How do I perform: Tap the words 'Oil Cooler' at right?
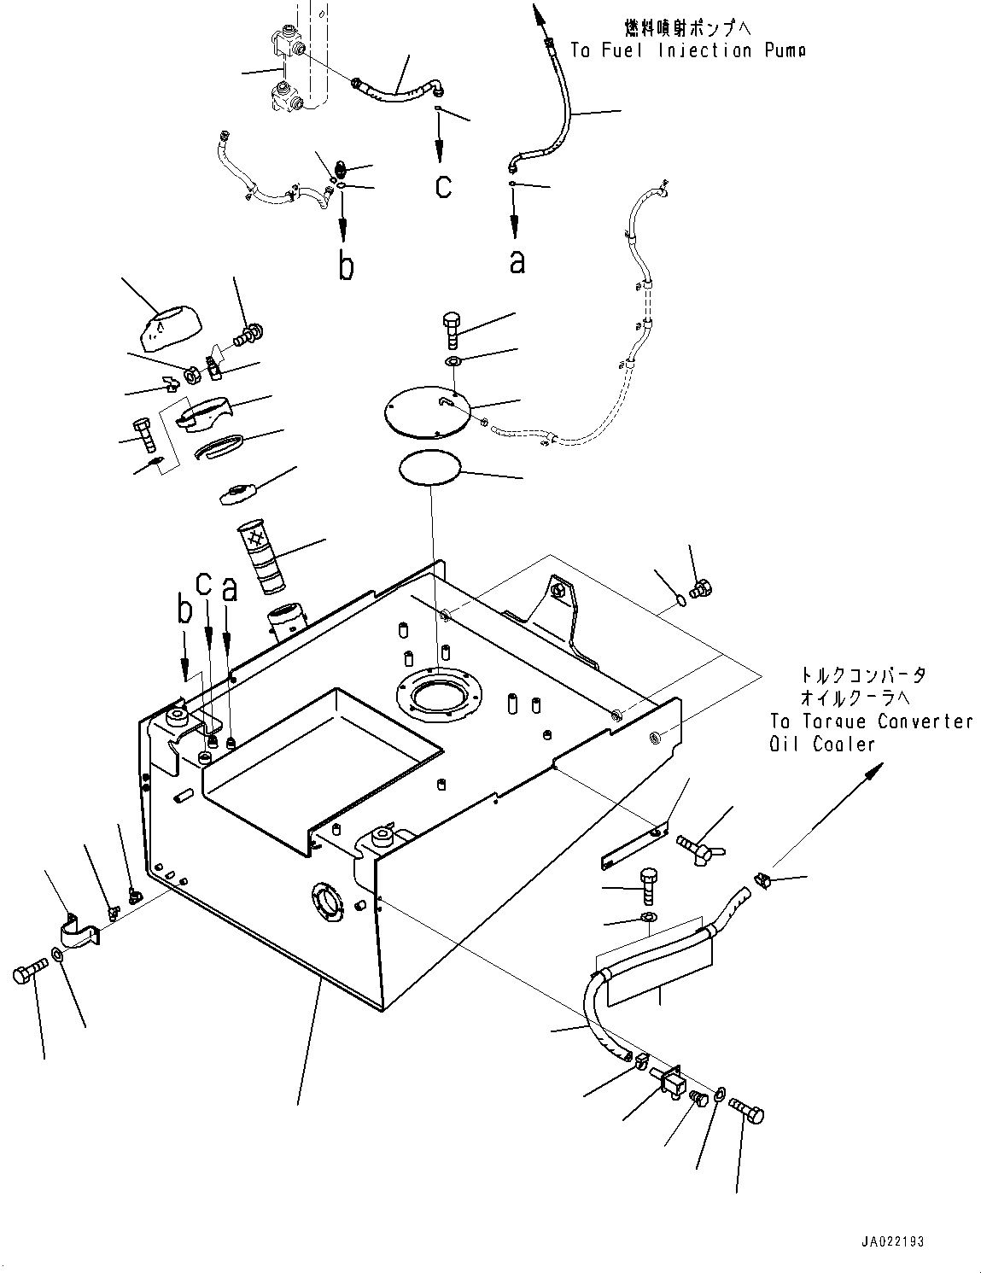click(x=822, y=745)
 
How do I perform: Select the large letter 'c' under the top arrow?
click(x=442, y=186)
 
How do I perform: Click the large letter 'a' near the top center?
click(x=517, y=261)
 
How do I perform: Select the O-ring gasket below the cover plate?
click(x=429, y=470)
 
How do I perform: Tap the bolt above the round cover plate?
click(x=453, y=329)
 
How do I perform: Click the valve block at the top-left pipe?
click(x=288, y=68)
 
